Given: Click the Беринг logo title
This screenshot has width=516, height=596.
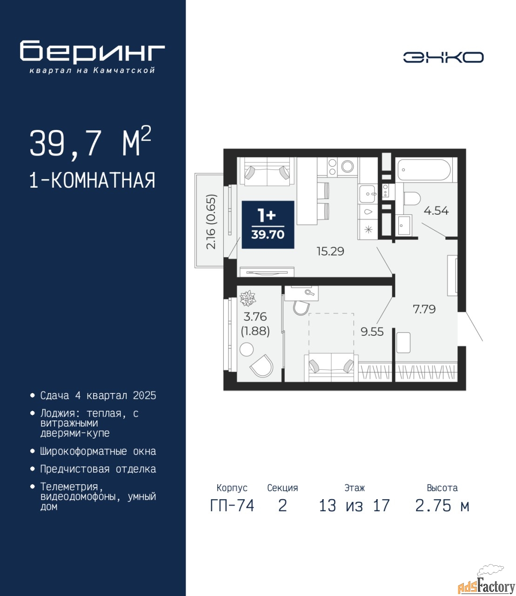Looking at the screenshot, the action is tap(92, 52).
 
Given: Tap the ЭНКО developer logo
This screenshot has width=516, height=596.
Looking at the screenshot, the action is tap(443, 57).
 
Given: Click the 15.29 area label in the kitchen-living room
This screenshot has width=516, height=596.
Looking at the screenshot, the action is tap(330, 251).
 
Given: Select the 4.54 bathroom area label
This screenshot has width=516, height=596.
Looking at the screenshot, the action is tap(436, 211).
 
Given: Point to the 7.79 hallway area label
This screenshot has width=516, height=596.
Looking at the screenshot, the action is tap(424, 309).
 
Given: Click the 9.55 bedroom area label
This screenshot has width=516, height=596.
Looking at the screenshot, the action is tap(372, 332).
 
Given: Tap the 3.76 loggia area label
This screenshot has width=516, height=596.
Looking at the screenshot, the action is tap(255, 317).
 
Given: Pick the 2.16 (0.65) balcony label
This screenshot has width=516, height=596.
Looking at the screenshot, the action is tap(211, 222).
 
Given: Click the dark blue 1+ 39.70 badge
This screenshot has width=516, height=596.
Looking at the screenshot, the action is tap(268, 224).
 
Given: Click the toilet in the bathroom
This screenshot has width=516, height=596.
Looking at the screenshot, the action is tap(412, 199).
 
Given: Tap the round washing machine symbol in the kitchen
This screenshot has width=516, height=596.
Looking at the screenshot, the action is tap(348, 166).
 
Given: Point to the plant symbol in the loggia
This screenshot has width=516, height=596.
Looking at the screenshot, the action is tap(248, 298).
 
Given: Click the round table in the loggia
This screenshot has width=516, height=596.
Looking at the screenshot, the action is tap(247, 350).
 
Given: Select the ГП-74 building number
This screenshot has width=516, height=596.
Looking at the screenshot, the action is tap(232, 506).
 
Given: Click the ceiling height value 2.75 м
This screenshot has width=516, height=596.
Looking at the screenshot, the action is tap(442, 506).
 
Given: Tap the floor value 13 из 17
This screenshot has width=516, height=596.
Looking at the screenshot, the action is tap(355, 506).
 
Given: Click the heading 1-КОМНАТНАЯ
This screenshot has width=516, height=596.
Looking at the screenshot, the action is tap(92, 180).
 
